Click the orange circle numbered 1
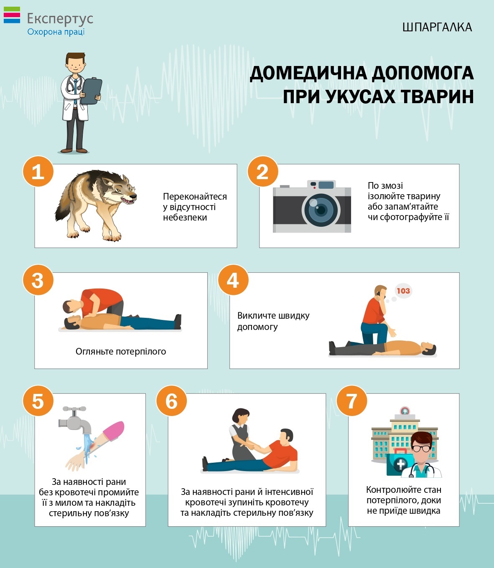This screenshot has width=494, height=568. coord(38,171)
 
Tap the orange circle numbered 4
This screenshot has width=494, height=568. coord(233,279)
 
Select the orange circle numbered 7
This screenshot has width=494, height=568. coord(352,401)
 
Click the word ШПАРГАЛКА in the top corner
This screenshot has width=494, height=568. coord(437,27)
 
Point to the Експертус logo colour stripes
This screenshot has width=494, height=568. coord(12,15)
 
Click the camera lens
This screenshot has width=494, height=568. coord(321,210)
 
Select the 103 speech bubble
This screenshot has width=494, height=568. coord(403,291)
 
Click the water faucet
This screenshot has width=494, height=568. coord(75,419)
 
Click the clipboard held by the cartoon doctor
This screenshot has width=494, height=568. coord(91,91)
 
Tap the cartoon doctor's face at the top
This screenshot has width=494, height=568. coord(75,65)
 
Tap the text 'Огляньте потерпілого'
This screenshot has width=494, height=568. coord(121,352)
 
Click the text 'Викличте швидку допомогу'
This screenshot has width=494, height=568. coord(273,321)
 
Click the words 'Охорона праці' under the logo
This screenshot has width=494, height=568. coord(56,32)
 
